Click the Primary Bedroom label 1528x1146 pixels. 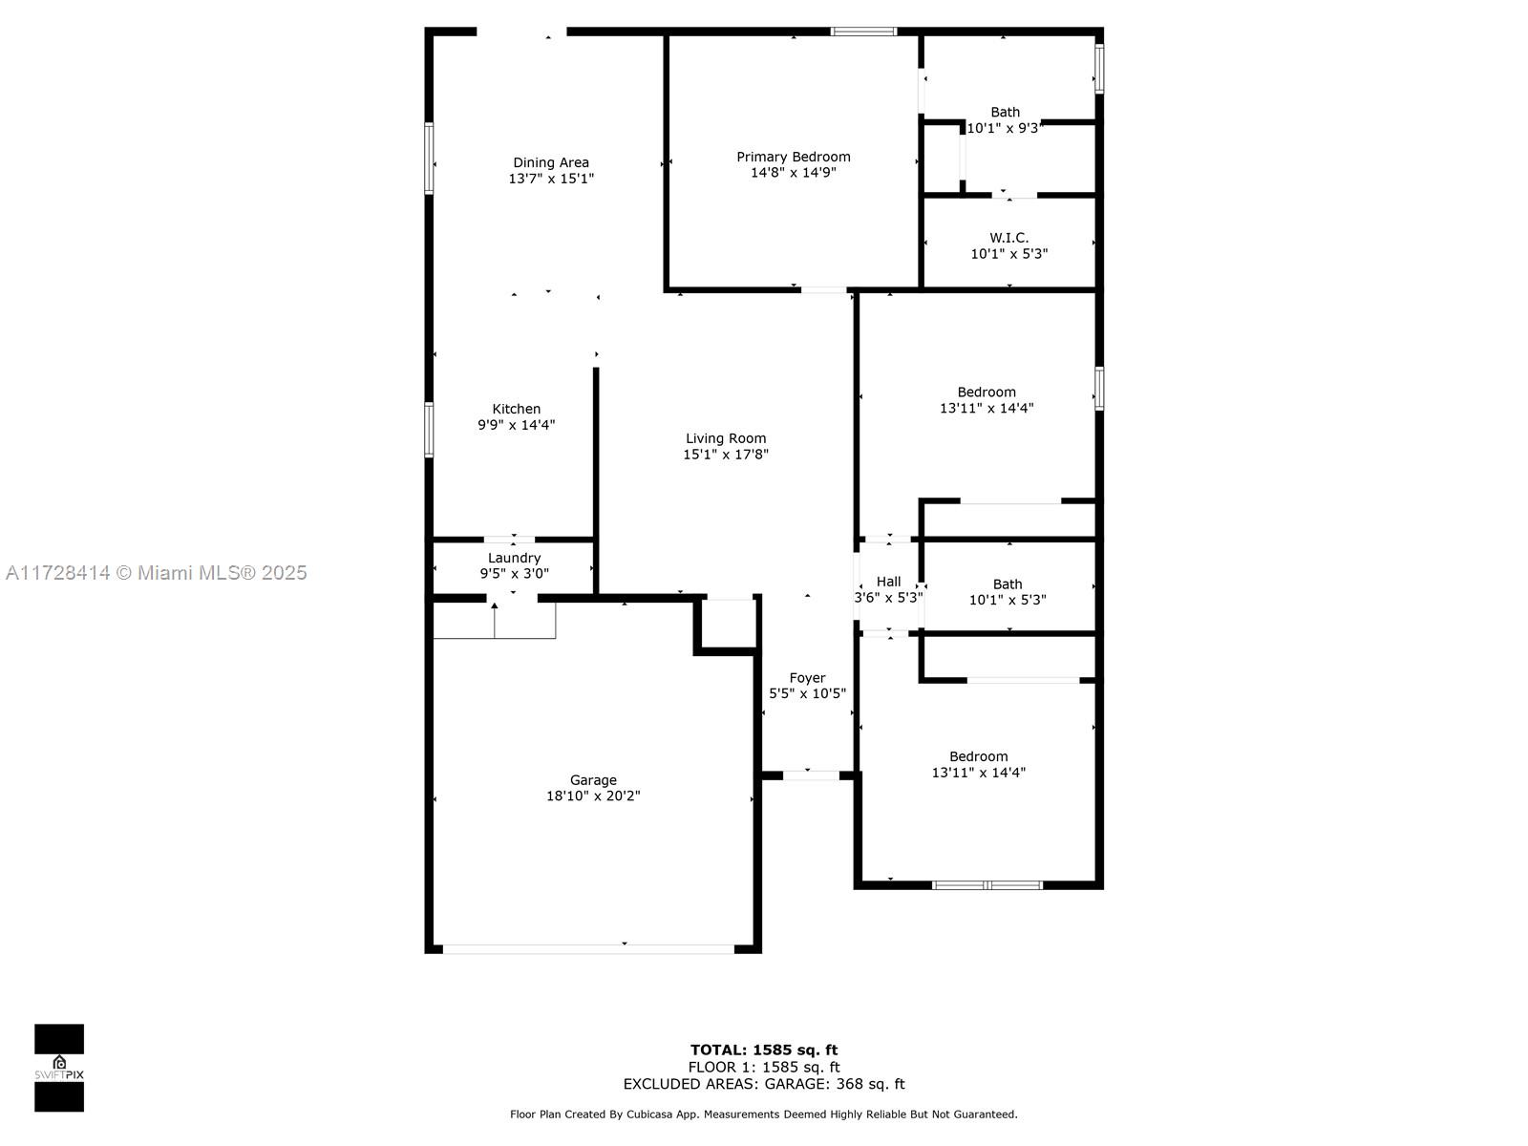point(793,158)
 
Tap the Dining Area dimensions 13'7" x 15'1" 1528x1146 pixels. point(551,179)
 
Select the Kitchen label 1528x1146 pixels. point(516,409)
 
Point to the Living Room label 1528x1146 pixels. point(726,438)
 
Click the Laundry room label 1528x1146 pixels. point(514,558)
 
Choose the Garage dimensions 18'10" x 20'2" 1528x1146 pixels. point(592,796)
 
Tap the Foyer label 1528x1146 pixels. point(807,678)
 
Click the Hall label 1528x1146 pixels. point(888,582)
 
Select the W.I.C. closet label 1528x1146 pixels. point(1008,238)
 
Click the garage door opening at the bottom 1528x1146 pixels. point(588,949)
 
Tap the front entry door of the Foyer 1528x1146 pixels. point(811,775)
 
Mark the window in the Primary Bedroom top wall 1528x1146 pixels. point(863,32)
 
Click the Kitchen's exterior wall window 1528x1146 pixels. point(429,430)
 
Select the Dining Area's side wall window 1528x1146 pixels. point(429,158)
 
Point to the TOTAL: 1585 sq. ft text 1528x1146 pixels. point(764,1050)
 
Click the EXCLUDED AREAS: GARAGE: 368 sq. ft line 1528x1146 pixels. point(764,1083)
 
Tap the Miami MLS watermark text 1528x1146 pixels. point(156,573)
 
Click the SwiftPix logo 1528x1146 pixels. point(59,1068)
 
